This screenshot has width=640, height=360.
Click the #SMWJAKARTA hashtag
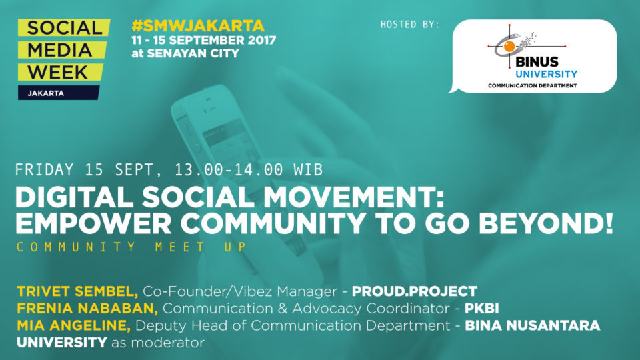pos(198,26)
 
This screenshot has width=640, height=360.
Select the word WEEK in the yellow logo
pos(57,72)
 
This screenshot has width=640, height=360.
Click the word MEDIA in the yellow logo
pos(59,50)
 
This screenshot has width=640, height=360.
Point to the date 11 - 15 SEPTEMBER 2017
pos(204,40)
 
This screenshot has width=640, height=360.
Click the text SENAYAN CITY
pos(193,53)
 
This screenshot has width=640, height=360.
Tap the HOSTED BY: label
pos(410,25)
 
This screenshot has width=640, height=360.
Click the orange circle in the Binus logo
pos(509,47)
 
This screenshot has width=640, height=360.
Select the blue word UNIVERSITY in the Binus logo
pos(546,74)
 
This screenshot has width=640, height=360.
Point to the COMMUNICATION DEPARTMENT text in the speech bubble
pos(532,86)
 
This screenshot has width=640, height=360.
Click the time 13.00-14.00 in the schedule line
pos(229,170)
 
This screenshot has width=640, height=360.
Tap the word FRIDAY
pos(45,170)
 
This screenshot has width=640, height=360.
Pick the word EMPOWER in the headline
pos(93,223)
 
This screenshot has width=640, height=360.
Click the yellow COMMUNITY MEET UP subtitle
pos(131,247)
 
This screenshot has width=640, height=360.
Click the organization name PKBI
pos(481,309)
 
